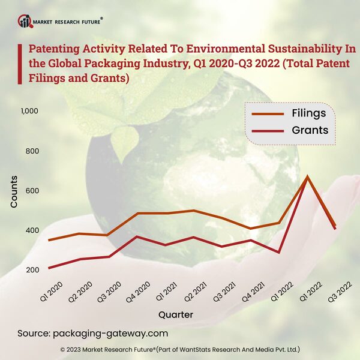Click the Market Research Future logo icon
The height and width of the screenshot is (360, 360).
tap(25, 22)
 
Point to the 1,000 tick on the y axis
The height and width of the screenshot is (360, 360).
tap(29, 111)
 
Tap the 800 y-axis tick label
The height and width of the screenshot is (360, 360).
tap(31, 151)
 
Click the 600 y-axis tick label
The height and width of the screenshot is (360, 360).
tap(31, 191)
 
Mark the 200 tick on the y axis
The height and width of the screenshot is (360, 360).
tap(31, 270)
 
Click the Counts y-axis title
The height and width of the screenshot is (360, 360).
tap(14, 192)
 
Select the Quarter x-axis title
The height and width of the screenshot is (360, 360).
tap(176, 314)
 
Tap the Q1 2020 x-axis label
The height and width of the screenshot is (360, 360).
tap(52, 292)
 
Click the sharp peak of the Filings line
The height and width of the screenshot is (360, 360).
tap(307, 176)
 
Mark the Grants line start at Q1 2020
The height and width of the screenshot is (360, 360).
tap(49, 268)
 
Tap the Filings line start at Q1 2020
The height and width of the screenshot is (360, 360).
tap(49, 240)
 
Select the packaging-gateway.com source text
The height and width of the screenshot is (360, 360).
tap(110, 333)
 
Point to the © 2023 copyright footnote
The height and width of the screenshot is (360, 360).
tap(180, 349)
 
